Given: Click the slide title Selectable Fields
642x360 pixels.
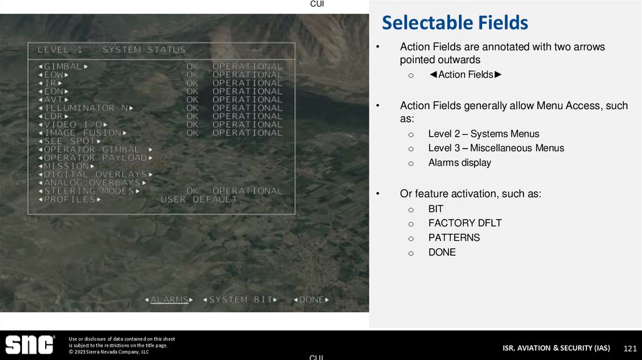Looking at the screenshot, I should click(x=455, y=23).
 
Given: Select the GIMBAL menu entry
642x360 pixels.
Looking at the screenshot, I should click(x=63, y=66).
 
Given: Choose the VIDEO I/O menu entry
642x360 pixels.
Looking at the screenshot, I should click(x=71, y=125).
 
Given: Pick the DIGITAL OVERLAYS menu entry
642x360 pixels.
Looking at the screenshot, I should click(x=95, y=174).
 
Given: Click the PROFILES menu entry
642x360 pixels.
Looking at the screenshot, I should click(x=69, y=199).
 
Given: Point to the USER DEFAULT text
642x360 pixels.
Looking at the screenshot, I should click(x=199, y=199).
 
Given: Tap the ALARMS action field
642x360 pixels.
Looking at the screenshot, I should click(x=169, y=300).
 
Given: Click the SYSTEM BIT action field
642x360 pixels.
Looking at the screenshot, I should click(x=240, y=300).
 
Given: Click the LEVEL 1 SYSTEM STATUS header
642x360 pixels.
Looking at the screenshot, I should click(x=112, y=50).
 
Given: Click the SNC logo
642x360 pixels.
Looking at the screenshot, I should click(x=29, y=345).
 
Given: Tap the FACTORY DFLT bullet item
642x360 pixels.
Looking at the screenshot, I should click(x=465, y=223).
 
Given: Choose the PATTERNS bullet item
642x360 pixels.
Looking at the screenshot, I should click(x=454, y=238).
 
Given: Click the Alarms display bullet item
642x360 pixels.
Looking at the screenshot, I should click(x=460, y=162).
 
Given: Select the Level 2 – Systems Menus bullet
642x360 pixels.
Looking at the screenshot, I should click(x=483, y=134).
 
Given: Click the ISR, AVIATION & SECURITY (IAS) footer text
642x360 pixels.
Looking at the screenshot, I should click(x=556, y=348).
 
